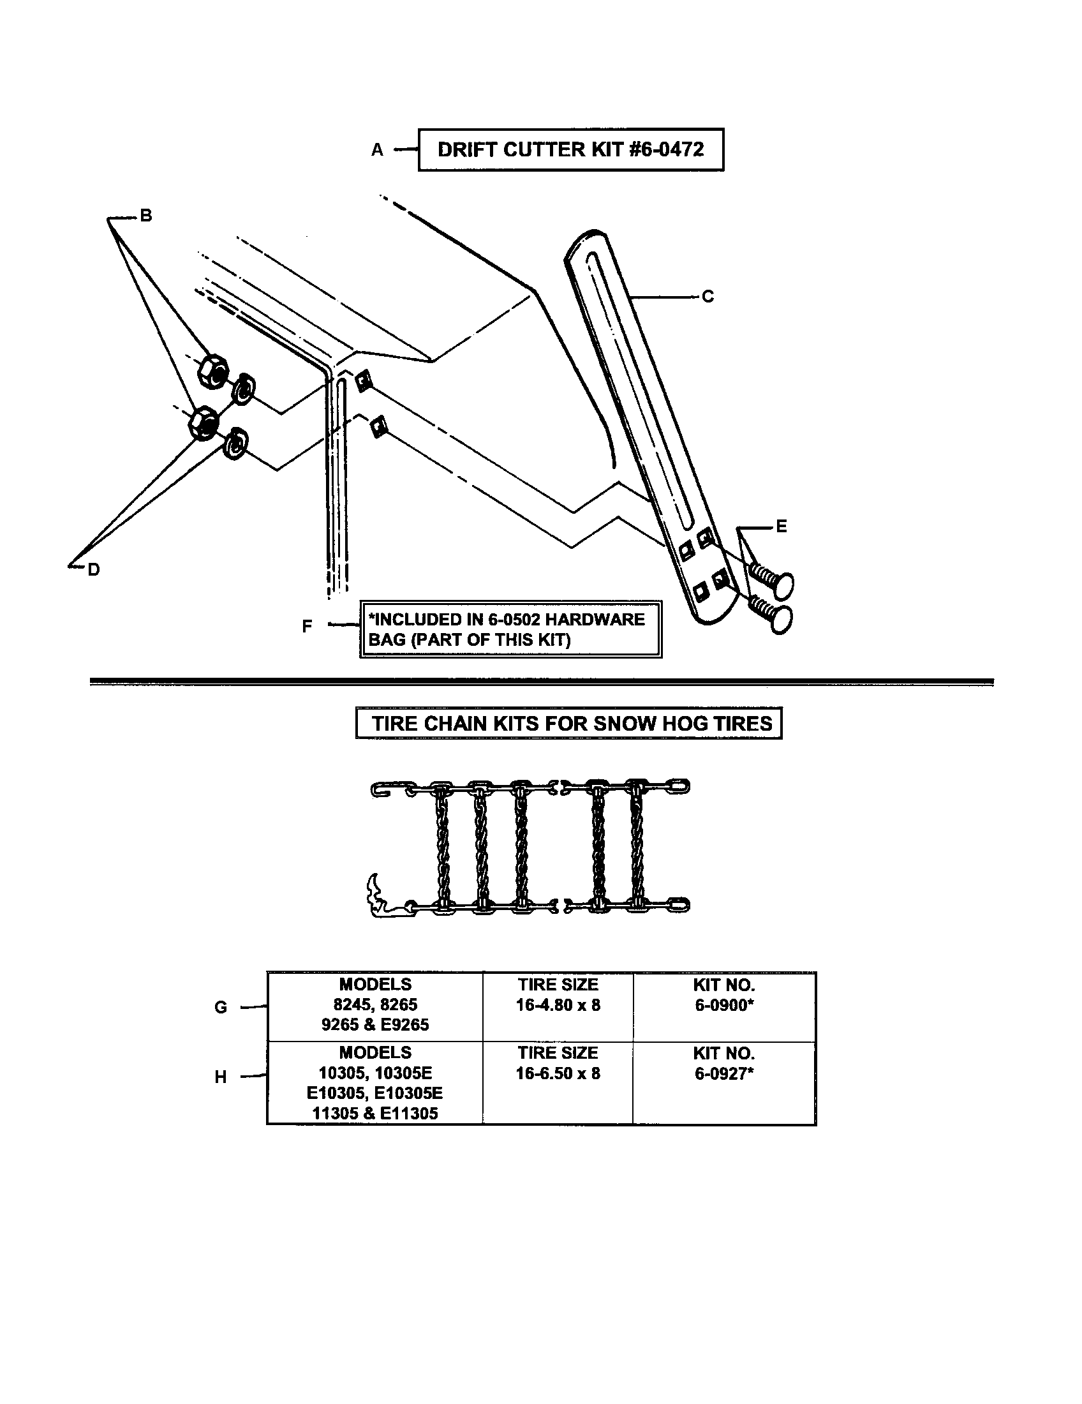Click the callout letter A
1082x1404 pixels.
[x=377, y=151]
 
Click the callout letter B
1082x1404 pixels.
[x=146, y=216]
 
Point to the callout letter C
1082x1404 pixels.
[x=708, y=296]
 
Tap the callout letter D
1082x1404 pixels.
[x=94, y=569]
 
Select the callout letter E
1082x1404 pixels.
[x=781, y=526]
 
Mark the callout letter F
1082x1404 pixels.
[x=307, y=625]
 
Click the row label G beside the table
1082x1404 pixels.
[x=220, y=1007]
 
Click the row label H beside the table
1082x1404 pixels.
[x=220, y=1077]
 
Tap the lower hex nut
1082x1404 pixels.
[x=203, y=422]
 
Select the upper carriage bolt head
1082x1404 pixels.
[x=781, y=585]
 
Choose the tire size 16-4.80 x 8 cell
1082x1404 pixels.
[x=558, y=1004]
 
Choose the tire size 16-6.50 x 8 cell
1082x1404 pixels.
[x=558, y=1073]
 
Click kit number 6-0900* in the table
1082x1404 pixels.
[x=723, y=1004]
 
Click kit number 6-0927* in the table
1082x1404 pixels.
[x=723, y=1073]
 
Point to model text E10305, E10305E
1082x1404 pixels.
[x=374, y=1093]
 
